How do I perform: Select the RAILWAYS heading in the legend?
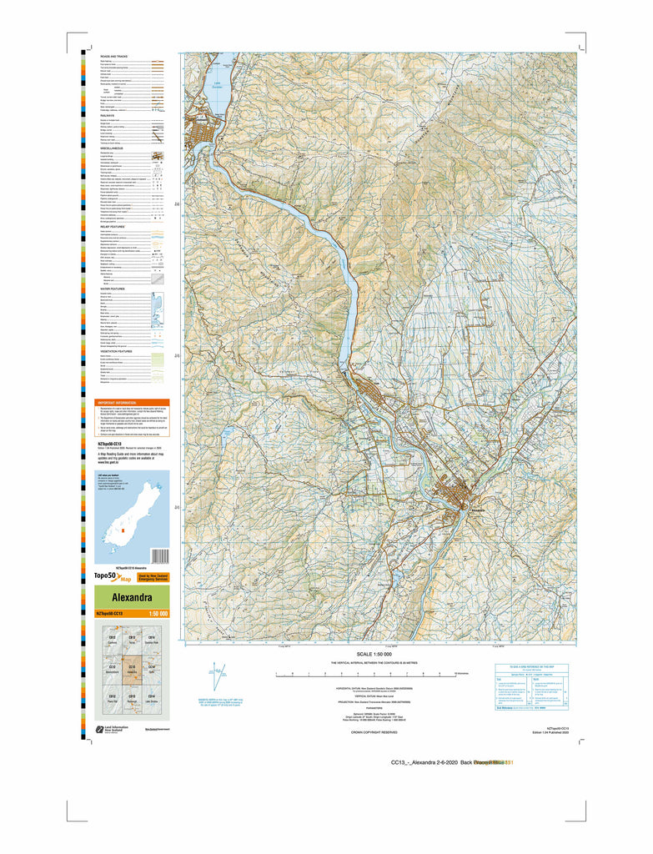pos(108,116)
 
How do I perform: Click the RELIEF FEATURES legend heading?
pos(113,226)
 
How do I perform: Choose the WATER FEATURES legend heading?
pos(113,288)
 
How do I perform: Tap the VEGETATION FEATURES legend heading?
pos(118,352)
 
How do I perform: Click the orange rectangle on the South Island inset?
pos(122,530)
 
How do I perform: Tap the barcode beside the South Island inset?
pos(160,555)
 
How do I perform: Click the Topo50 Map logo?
pos(113,576)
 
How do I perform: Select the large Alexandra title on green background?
pos(126,598)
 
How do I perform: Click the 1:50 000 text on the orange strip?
pos(158,615)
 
